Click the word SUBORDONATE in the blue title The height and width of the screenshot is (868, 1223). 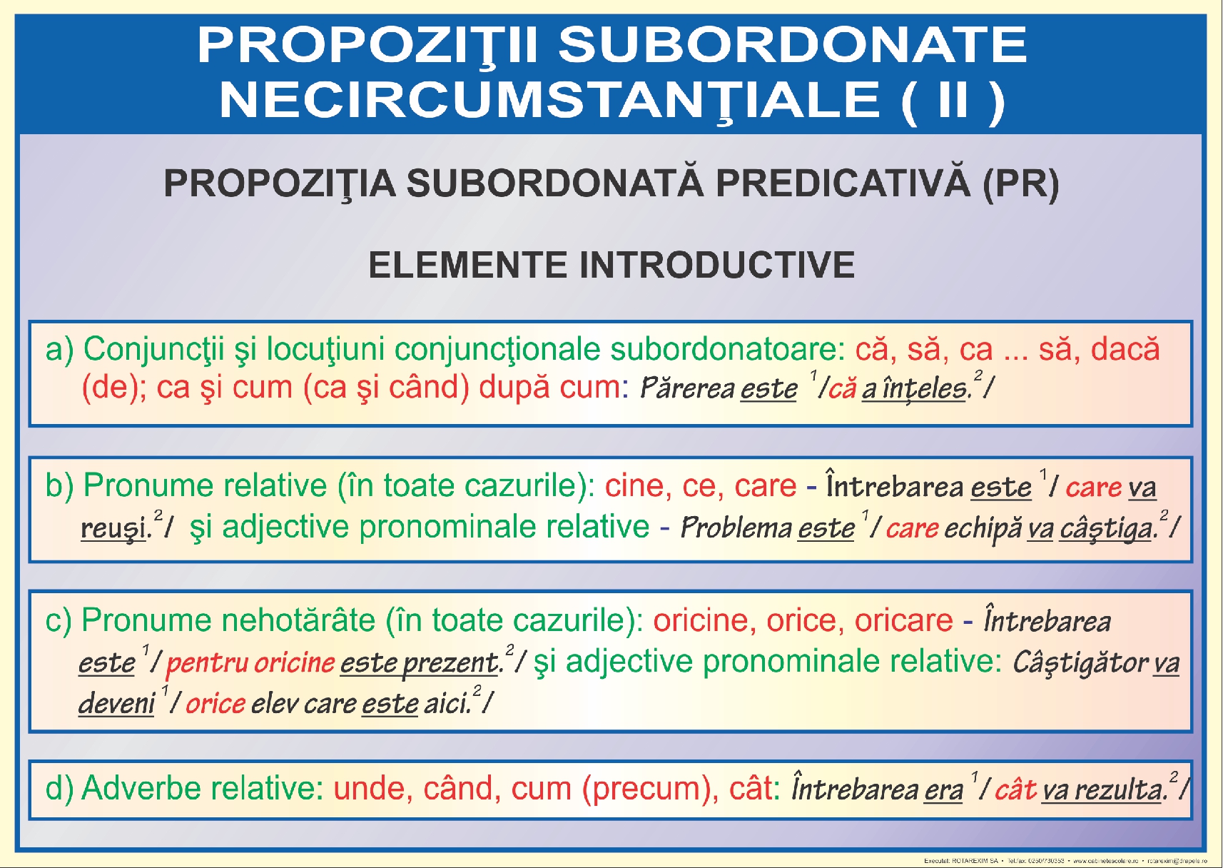pos(792,45)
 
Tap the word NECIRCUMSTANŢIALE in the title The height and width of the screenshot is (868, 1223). pos(549,100)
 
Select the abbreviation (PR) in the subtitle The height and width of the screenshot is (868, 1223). pos(1020,183)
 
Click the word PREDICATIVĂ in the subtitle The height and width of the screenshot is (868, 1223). pos(843,183)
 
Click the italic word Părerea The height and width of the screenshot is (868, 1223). pos(686,388)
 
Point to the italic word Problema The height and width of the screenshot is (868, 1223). pos(736,528)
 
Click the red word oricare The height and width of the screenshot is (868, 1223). pos(903,620)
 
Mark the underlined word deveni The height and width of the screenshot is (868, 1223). pos(116,704)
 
